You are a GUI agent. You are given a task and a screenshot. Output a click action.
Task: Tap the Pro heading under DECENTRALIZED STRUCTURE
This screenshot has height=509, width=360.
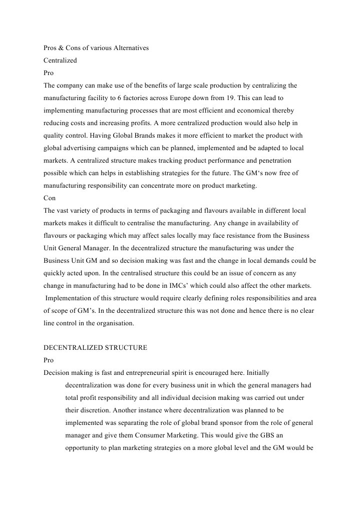pyautogui.click(x=49, y=360)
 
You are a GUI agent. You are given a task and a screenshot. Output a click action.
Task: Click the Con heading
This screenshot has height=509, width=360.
pyautogui.click(x=50, y=197)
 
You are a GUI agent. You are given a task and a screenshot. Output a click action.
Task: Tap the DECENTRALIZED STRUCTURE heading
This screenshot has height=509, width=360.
pyautogui.click(x=95, y=348)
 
